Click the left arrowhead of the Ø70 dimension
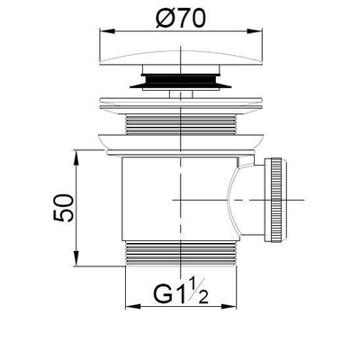[x=100, y=31]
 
